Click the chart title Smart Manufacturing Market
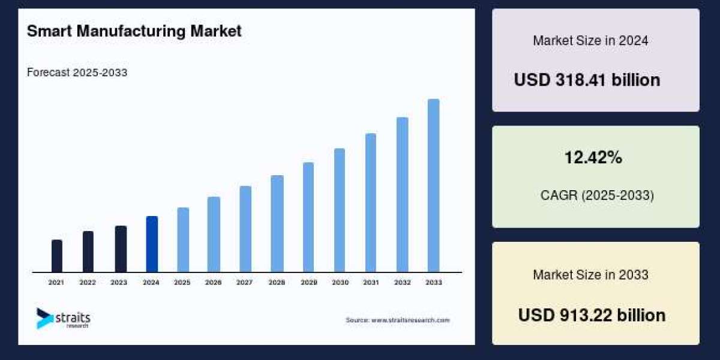pos(134,31)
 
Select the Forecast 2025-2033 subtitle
pos(77,73)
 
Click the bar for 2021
pos(57,256)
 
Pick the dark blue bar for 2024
pos(152,244)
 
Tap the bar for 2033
pos(433,185)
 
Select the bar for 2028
pos(277,224)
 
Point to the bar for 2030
pos(340,210)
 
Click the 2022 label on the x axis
pos(88,282)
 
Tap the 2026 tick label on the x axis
pos(214,282)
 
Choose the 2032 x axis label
pos(402,282)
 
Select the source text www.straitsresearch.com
pos(397,320)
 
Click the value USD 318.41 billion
pos(587,80)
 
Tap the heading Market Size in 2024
pos(590,41)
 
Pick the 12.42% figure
pos(593,158)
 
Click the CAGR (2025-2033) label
pos(597,195)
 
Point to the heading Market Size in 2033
pos(590,275)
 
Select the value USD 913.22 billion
pos(592,315)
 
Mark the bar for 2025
pos(183,240)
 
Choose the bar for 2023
pos(121,249)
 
